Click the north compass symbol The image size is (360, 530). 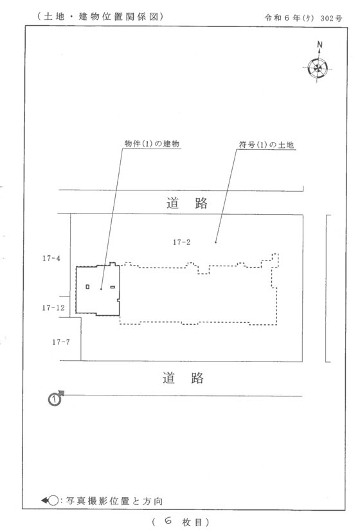pos(318,68)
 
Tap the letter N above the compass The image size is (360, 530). pos(319,44)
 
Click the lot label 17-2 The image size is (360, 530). pos(182,242)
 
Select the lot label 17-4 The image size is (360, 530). pos(51,258)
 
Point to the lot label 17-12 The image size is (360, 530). pos(53,307)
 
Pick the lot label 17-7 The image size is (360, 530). pos(61,342)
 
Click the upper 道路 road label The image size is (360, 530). pos(187,203)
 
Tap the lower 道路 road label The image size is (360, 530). pos(183,378)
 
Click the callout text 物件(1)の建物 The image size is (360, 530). pos(152,143)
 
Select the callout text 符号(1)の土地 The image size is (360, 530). pos(266,145)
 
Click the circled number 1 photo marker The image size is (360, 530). pos(55,399)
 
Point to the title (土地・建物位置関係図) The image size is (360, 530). pos(100,16)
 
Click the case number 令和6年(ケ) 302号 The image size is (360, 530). pos(303,18)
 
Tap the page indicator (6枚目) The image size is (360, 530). pos(181,522)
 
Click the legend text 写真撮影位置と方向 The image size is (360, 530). pos(114,500)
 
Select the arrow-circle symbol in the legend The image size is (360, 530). pos(50,500)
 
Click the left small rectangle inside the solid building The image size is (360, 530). pos(87,287)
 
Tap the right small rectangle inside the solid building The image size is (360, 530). pos(113,287)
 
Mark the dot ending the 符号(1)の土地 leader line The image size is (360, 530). pos(216,242)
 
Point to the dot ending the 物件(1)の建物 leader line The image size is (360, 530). pos(101,289)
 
